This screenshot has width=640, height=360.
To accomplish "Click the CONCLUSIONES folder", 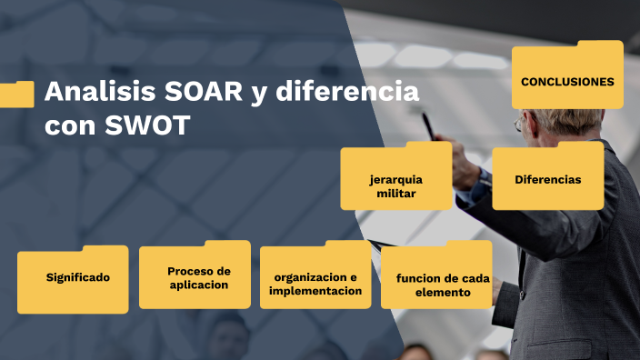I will click(x=567, y=81).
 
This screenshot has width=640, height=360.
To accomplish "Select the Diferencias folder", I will click(x=547, y=179).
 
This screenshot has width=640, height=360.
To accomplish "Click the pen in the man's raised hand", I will click(x=428, y=125).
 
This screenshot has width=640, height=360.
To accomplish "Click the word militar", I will click(x=396, y=193).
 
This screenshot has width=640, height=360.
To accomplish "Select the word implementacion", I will click(x=316, y=291).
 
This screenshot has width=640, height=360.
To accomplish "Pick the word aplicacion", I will click(x=198, y=285).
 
